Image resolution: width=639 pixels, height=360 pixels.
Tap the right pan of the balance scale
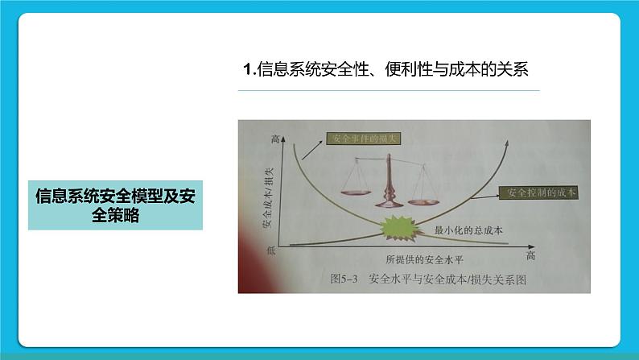tap(426, 192)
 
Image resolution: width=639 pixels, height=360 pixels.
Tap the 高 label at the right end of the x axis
tap(530, 256)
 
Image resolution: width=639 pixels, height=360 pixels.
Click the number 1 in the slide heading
tap(248, 69)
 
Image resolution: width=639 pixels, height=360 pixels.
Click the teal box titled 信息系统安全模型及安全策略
tap(115, 205)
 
